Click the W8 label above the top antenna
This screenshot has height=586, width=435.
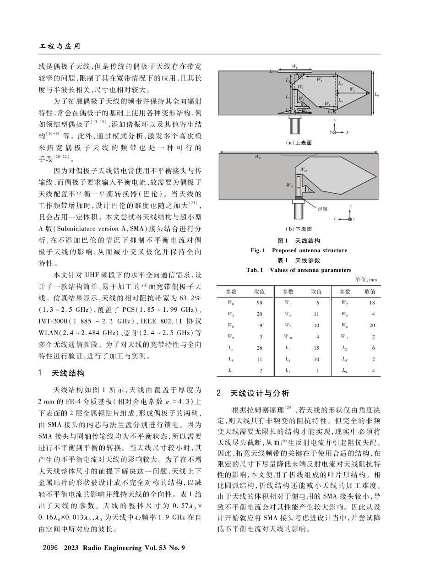click(x=296, y=67)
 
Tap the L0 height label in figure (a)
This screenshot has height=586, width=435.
click(x=376, y=95)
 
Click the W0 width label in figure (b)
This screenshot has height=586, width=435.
click(x=258, y=157)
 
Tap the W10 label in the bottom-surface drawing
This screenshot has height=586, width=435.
click(x=304, y=170)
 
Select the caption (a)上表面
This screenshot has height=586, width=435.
click(x=299, y=143)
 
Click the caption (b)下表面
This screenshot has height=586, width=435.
click(x=299, y=229)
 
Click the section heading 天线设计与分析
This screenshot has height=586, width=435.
click(x=259, y=393)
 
